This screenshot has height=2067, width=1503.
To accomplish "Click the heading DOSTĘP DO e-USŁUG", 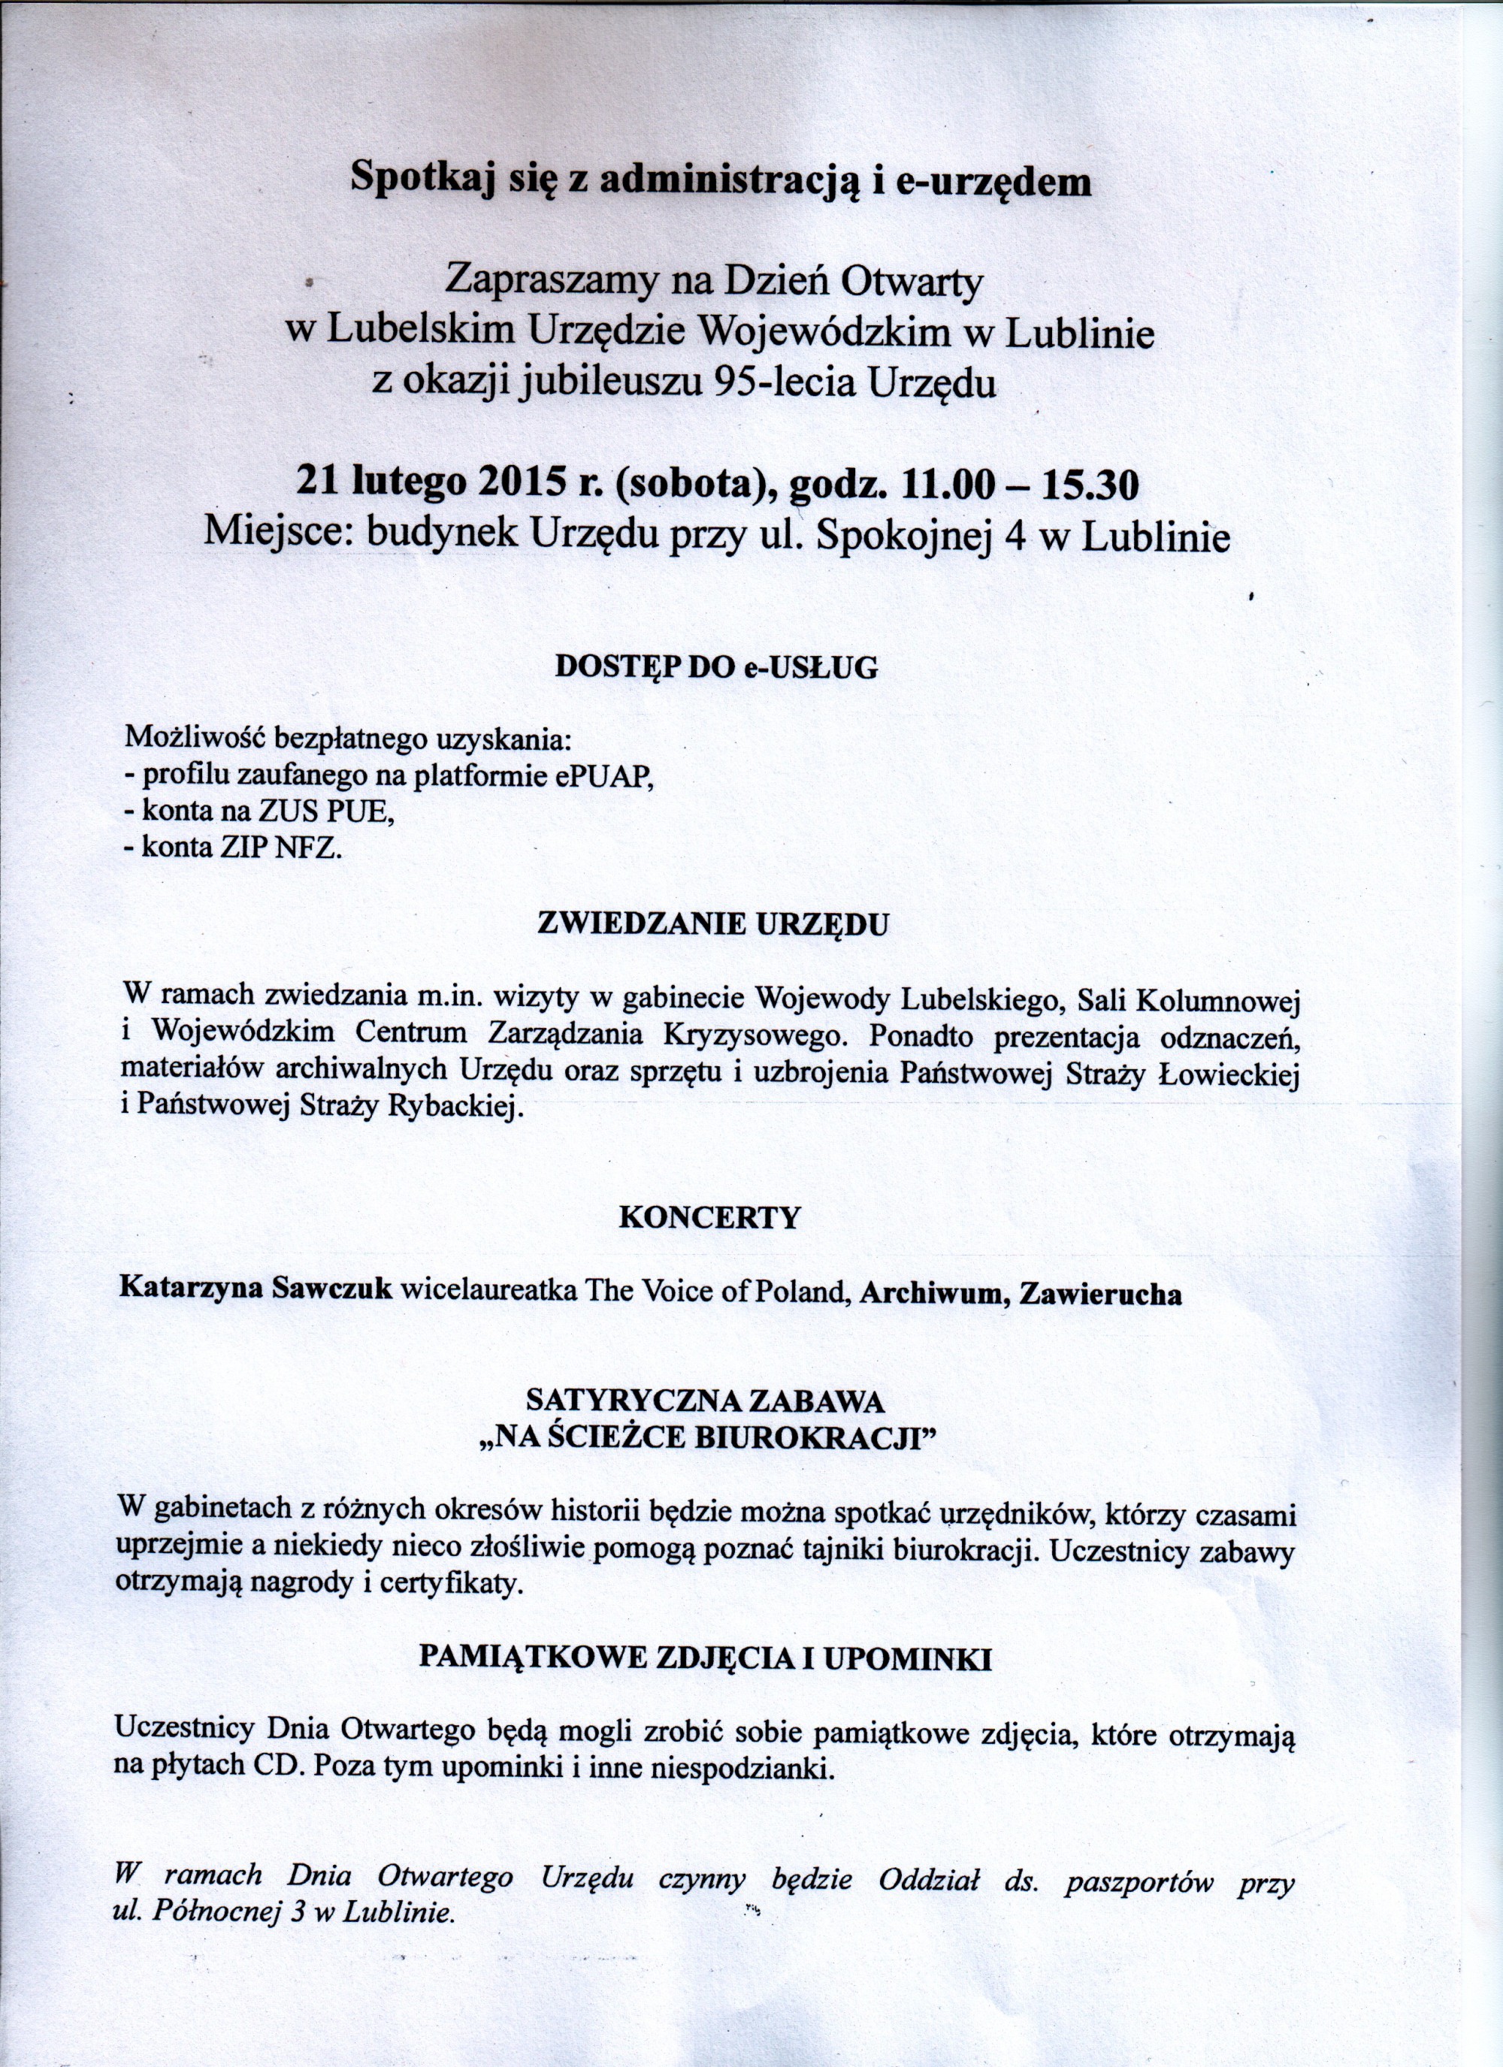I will [x=716, y=668].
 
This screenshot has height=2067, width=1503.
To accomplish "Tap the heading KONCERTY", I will [x=709, y=1219].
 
